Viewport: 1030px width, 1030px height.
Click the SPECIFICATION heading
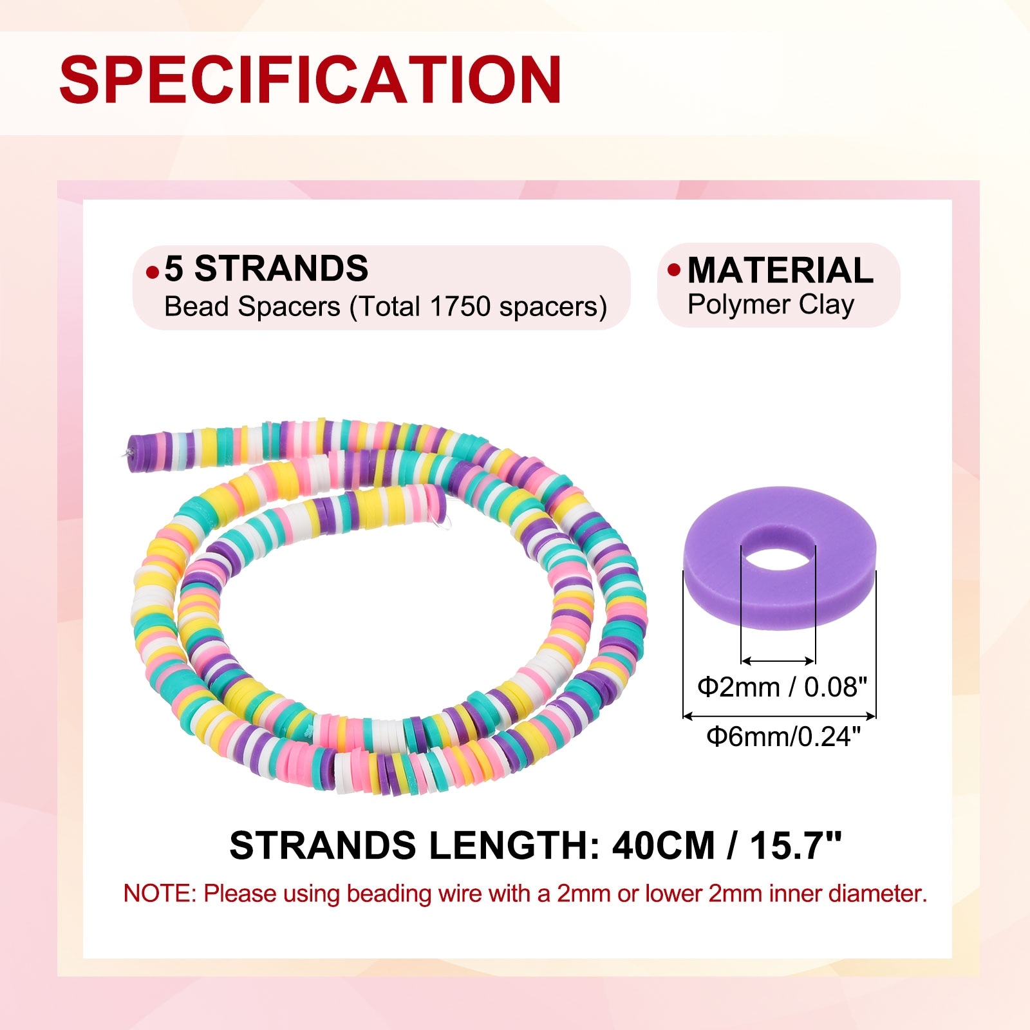[x=311, y=79]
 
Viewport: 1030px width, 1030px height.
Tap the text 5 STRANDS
[x=266, y=268]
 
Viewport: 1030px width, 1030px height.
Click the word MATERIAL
[x=780, y=270]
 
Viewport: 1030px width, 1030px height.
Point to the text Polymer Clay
[x=771, y=304]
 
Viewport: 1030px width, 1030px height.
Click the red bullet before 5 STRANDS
[x=153, y=272]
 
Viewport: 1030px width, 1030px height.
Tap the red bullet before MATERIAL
[x=674, y=270]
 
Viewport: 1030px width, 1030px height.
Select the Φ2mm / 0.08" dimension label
[x=782, y=687]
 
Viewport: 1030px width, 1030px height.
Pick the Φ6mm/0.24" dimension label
[x=783, y=736]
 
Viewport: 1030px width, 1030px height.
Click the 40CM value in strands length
[x=663, y=845]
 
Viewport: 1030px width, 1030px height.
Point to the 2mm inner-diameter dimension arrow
[x=778, y=660]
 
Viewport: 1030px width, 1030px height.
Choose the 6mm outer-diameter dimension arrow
[x=779, y=715]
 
